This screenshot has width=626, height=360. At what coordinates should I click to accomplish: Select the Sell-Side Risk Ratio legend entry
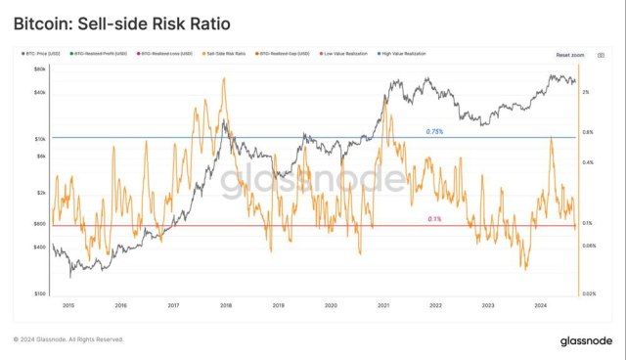[x=224, y=55]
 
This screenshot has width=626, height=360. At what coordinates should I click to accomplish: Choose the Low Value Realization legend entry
[x=350, y=55]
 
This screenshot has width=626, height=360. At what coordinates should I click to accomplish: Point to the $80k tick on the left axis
[x=41, y=69]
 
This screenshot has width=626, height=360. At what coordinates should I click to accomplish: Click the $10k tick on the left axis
[x=41, y=138]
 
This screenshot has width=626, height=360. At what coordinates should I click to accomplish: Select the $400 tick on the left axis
[x=41, y=247]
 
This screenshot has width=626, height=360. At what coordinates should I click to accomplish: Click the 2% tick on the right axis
[x=585, y=92]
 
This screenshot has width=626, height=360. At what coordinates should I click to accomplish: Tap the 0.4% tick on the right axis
[x=587, y=162]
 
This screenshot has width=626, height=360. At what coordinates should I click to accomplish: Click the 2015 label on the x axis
[x=67, y=305]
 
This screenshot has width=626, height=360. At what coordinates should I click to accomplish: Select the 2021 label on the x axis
[x=383, y=305]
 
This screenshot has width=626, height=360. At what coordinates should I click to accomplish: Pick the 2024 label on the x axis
[x=541, y=305]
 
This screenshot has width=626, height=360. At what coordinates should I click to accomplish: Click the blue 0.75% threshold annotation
[x=434, y=132]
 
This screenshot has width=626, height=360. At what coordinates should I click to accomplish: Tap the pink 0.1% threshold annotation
[x=434, y=220]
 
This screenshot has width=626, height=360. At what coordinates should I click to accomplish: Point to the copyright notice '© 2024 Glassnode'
[x=68, y=339]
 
